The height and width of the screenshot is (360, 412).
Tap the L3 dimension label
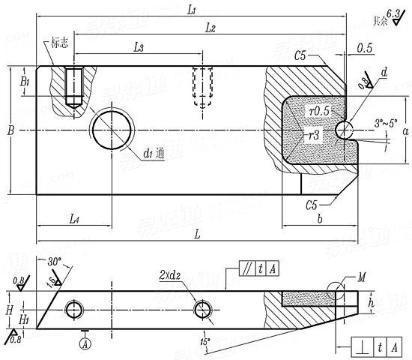pos(139,47)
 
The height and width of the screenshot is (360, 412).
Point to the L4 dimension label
pos(74,218)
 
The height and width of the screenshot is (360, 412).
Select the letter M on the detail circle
pos(363,278)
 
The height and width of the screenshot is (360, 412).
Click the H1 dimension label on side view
pos(23,319)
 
